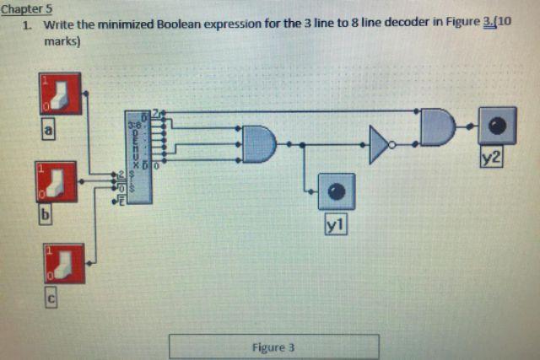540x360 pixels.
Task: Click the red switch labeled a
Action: tap(57, 94)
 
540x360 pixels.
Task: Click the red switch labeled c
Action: tap(64, 264)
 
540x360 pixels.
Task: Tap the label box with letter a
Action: tap(49, 131)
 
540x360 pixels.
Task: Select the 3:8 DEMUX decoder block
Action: tap(138, 157)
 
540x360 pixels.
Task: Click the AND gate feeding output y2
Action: tap(437, 126)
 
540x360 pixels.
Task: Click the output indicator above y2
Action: tap(498, 126)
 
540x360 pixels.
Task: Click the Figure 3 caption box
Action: tap(273, 347)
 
